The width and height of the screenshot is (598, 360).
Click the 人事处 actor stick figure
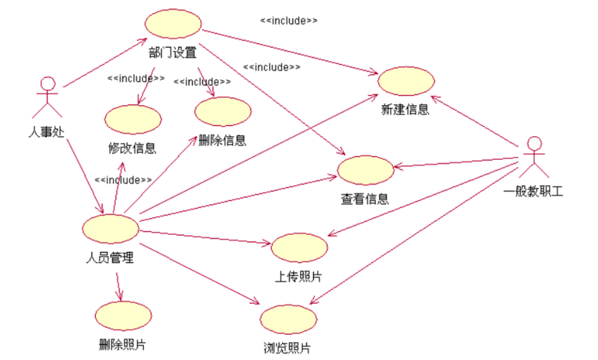point(47,97)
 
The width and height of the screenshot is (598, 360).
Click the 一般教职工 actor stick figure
point(533,157)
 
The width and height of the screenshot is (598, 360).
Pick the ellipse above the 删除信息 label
point(222,112)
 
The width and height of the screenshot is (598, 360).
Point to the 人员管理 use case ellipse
point(110,228)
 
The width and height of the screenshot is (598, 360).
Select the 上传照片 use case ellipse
point(299,248)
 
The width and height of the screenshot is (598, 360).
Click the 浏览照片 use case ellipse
point(288,319)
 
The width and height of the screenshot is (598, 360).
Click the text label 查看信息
point(365,199)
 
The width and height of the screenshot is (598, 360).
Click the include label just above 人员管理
point(123,180)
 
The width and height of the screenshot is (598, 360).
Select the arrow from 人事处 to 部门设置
point(104,66)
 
